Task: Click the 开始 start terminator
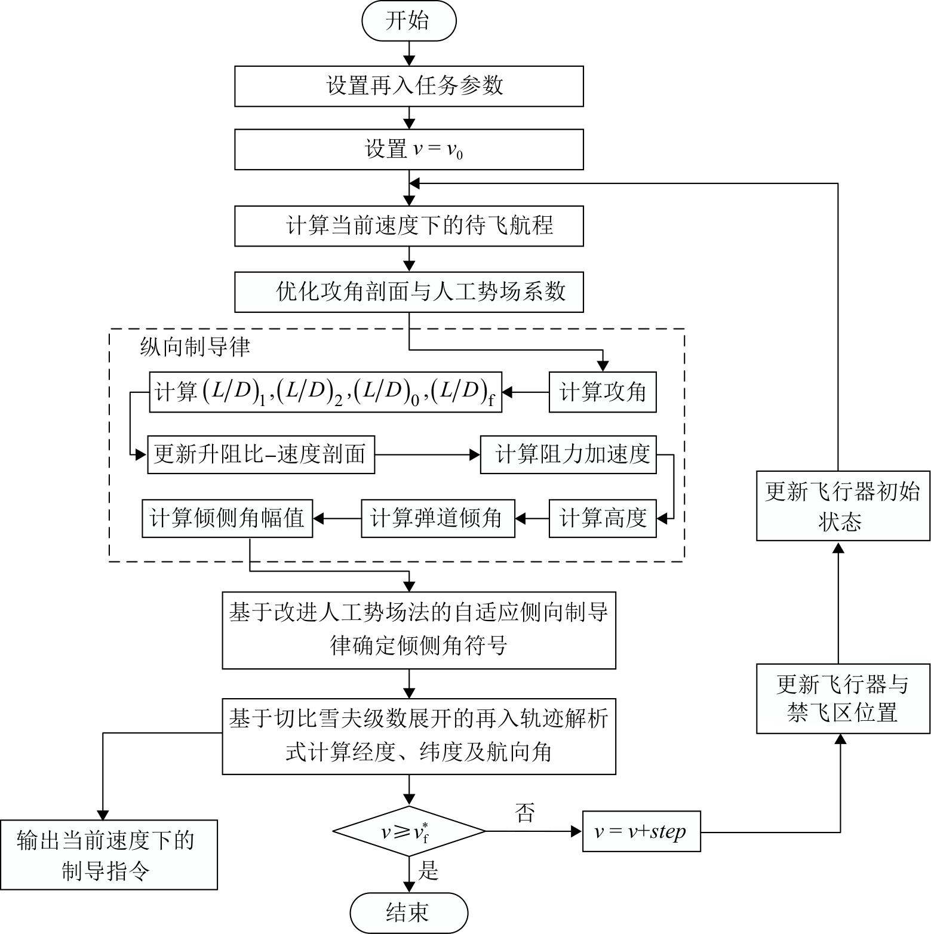tap(408, 21)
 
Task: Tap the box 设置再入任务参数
tap(408, 86)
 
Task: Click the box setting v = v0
tap(408, 149)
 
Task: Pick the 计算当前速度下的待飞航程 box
tap(408, 226)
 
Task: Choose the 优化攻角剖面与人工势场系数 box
tap(408, 292)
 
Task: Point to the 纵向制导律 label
tap(195, 348)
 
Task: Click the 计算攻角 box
tap(602, 392)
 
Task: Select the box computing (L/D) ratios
tap(325, 392)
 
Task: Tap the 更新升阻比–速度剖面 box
tap(261, 455)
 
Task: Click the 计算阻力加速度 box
tap(568, 455)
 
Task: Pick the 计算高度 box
tap(602, 518)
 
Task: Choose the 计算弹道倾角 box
tap(438, 518)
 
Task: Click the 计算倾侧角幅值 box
tap(227, 518)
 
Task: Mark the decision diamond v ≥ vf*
tap(408, 831)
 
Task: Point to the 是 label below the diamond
tap(428, 871)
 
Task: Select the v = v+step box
tap(641, 831)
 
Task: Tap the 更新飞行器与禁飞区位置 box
tap(843, 698)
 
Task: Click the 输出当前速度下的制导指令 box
tap(108, 855)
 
